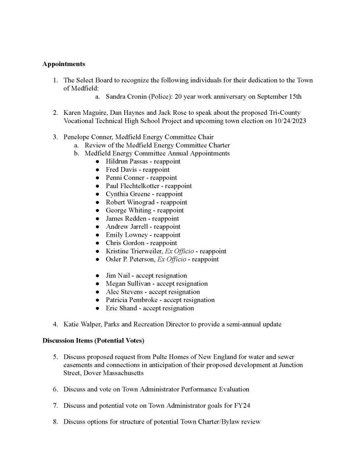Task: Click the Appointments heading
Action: pos(64,64)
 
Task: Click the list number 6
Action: pos(55,389)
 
